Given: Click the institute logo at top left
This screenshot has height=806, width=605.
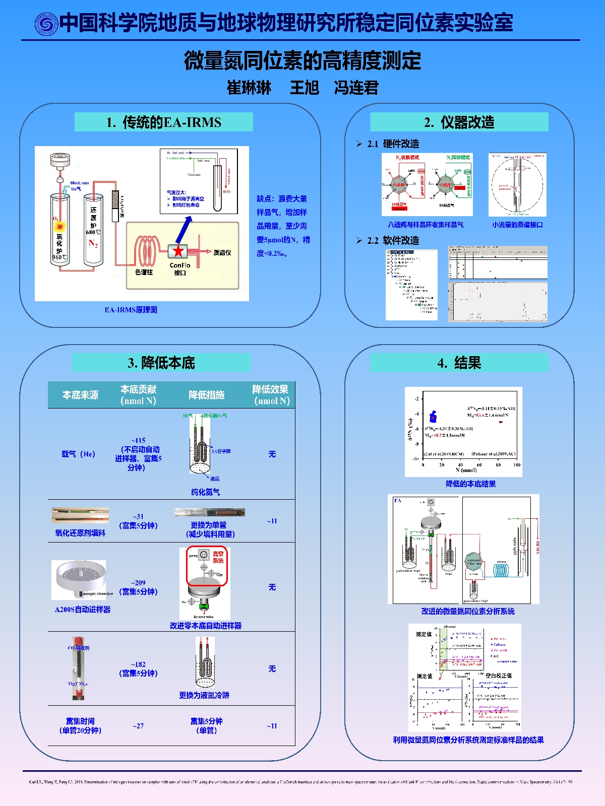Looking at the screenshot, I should coord(46,24).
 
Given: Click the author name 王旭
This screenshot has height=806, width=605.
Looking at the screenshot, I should coord(304,88).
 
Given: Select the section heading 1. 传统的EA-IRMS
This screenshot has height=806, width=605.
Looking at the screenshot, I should coord(163,122).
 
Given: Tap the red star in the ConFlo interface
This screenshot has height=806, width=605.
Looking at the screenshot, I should coord(178,251).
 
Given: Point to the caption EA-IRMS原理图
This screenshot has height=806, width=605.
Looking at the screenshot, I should coord(131,310).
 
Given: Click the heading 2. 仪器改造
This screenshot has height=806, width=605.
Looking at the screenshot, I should coord(459,122).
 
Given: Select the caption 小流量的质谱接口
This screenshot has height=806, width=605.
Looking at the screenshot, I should coord(517,225).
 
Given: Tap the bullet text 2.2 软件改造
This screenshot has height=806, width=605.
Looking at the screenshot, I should coord(393,240).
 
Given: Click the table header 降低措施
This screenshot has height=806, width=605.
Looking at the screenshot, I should coord(206,395).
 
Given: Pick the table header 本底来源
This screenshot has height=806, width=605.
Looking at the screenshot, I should coord(80,395).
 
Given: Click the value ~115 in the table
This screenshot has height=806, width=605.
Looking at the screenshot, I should coord(138,440).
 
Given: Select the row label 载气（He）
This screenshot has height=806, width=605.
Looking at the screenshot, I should coord(78,454).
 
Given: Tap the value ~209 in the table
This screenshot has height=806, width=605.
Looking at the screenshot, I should coord(138,582).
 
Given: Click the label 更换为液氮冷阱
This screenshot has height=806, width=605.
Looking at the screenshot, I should coord(204,695).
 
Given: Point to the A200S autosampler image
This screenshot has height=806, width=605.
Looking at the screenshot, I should coord(79,579).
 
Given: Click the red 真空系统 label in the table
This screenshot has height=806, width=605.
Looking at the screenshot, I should coord(218,557).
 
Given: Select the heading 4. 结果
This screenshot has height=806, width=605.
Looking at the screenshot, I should coord(459,363).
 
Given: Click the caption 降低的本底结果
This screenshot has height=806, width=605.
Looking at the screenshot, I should coord(470,484).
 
